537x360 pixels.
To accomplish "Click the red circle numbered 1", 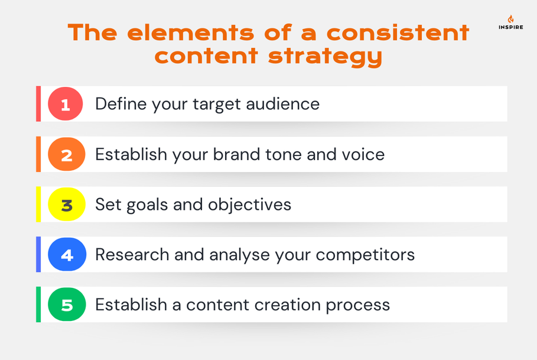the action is (x=66, y=104).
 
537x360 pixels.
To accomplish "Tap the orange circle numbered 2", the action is (x=66, y=154).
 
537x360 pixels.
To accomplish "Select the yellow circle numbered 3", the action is (x=66, y=204).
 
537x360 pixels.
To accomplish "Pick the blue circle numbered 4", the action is (x=67, y=255).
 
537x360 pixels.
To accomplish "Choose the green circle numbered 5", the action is (x=66, y=304).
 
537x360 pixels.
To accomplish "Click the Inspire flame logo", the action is (x=510, y=19).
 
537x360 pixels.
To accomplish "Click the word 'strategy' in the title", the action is (x=325, y=57).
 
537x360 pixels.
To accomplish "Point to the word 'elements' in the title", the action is (x=191, y=33).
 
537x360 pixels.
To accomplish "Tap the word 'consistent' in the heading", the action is (x=398, y=33).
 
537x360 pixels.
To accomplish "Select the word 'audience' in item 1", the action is (x=283, y=104).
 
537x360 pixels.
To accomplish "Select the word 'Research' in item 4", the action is (x=132, y=255).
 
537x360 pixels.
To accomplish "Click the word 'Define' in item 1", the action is (x=121, y=104).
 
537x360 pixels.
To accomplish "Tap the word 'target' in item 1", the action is (x=216, y=105).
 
